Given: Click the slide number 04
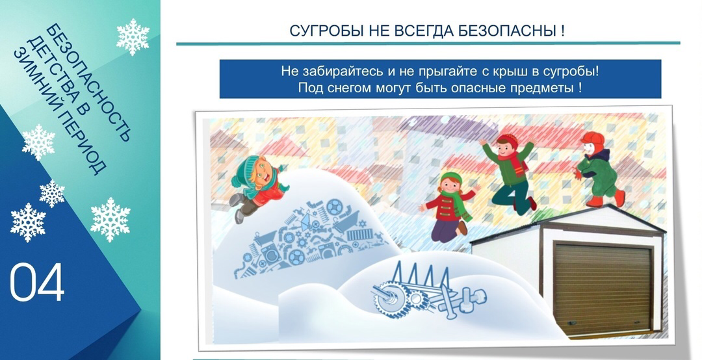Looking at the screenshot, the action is (37, 283).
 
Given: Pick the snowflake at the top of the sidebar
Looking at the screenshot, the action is (133, 37).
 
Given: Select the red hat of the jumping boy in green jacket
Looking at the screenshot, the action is (508, 140).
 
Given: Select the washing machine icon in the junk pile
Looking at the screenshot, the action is (270, 255).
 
